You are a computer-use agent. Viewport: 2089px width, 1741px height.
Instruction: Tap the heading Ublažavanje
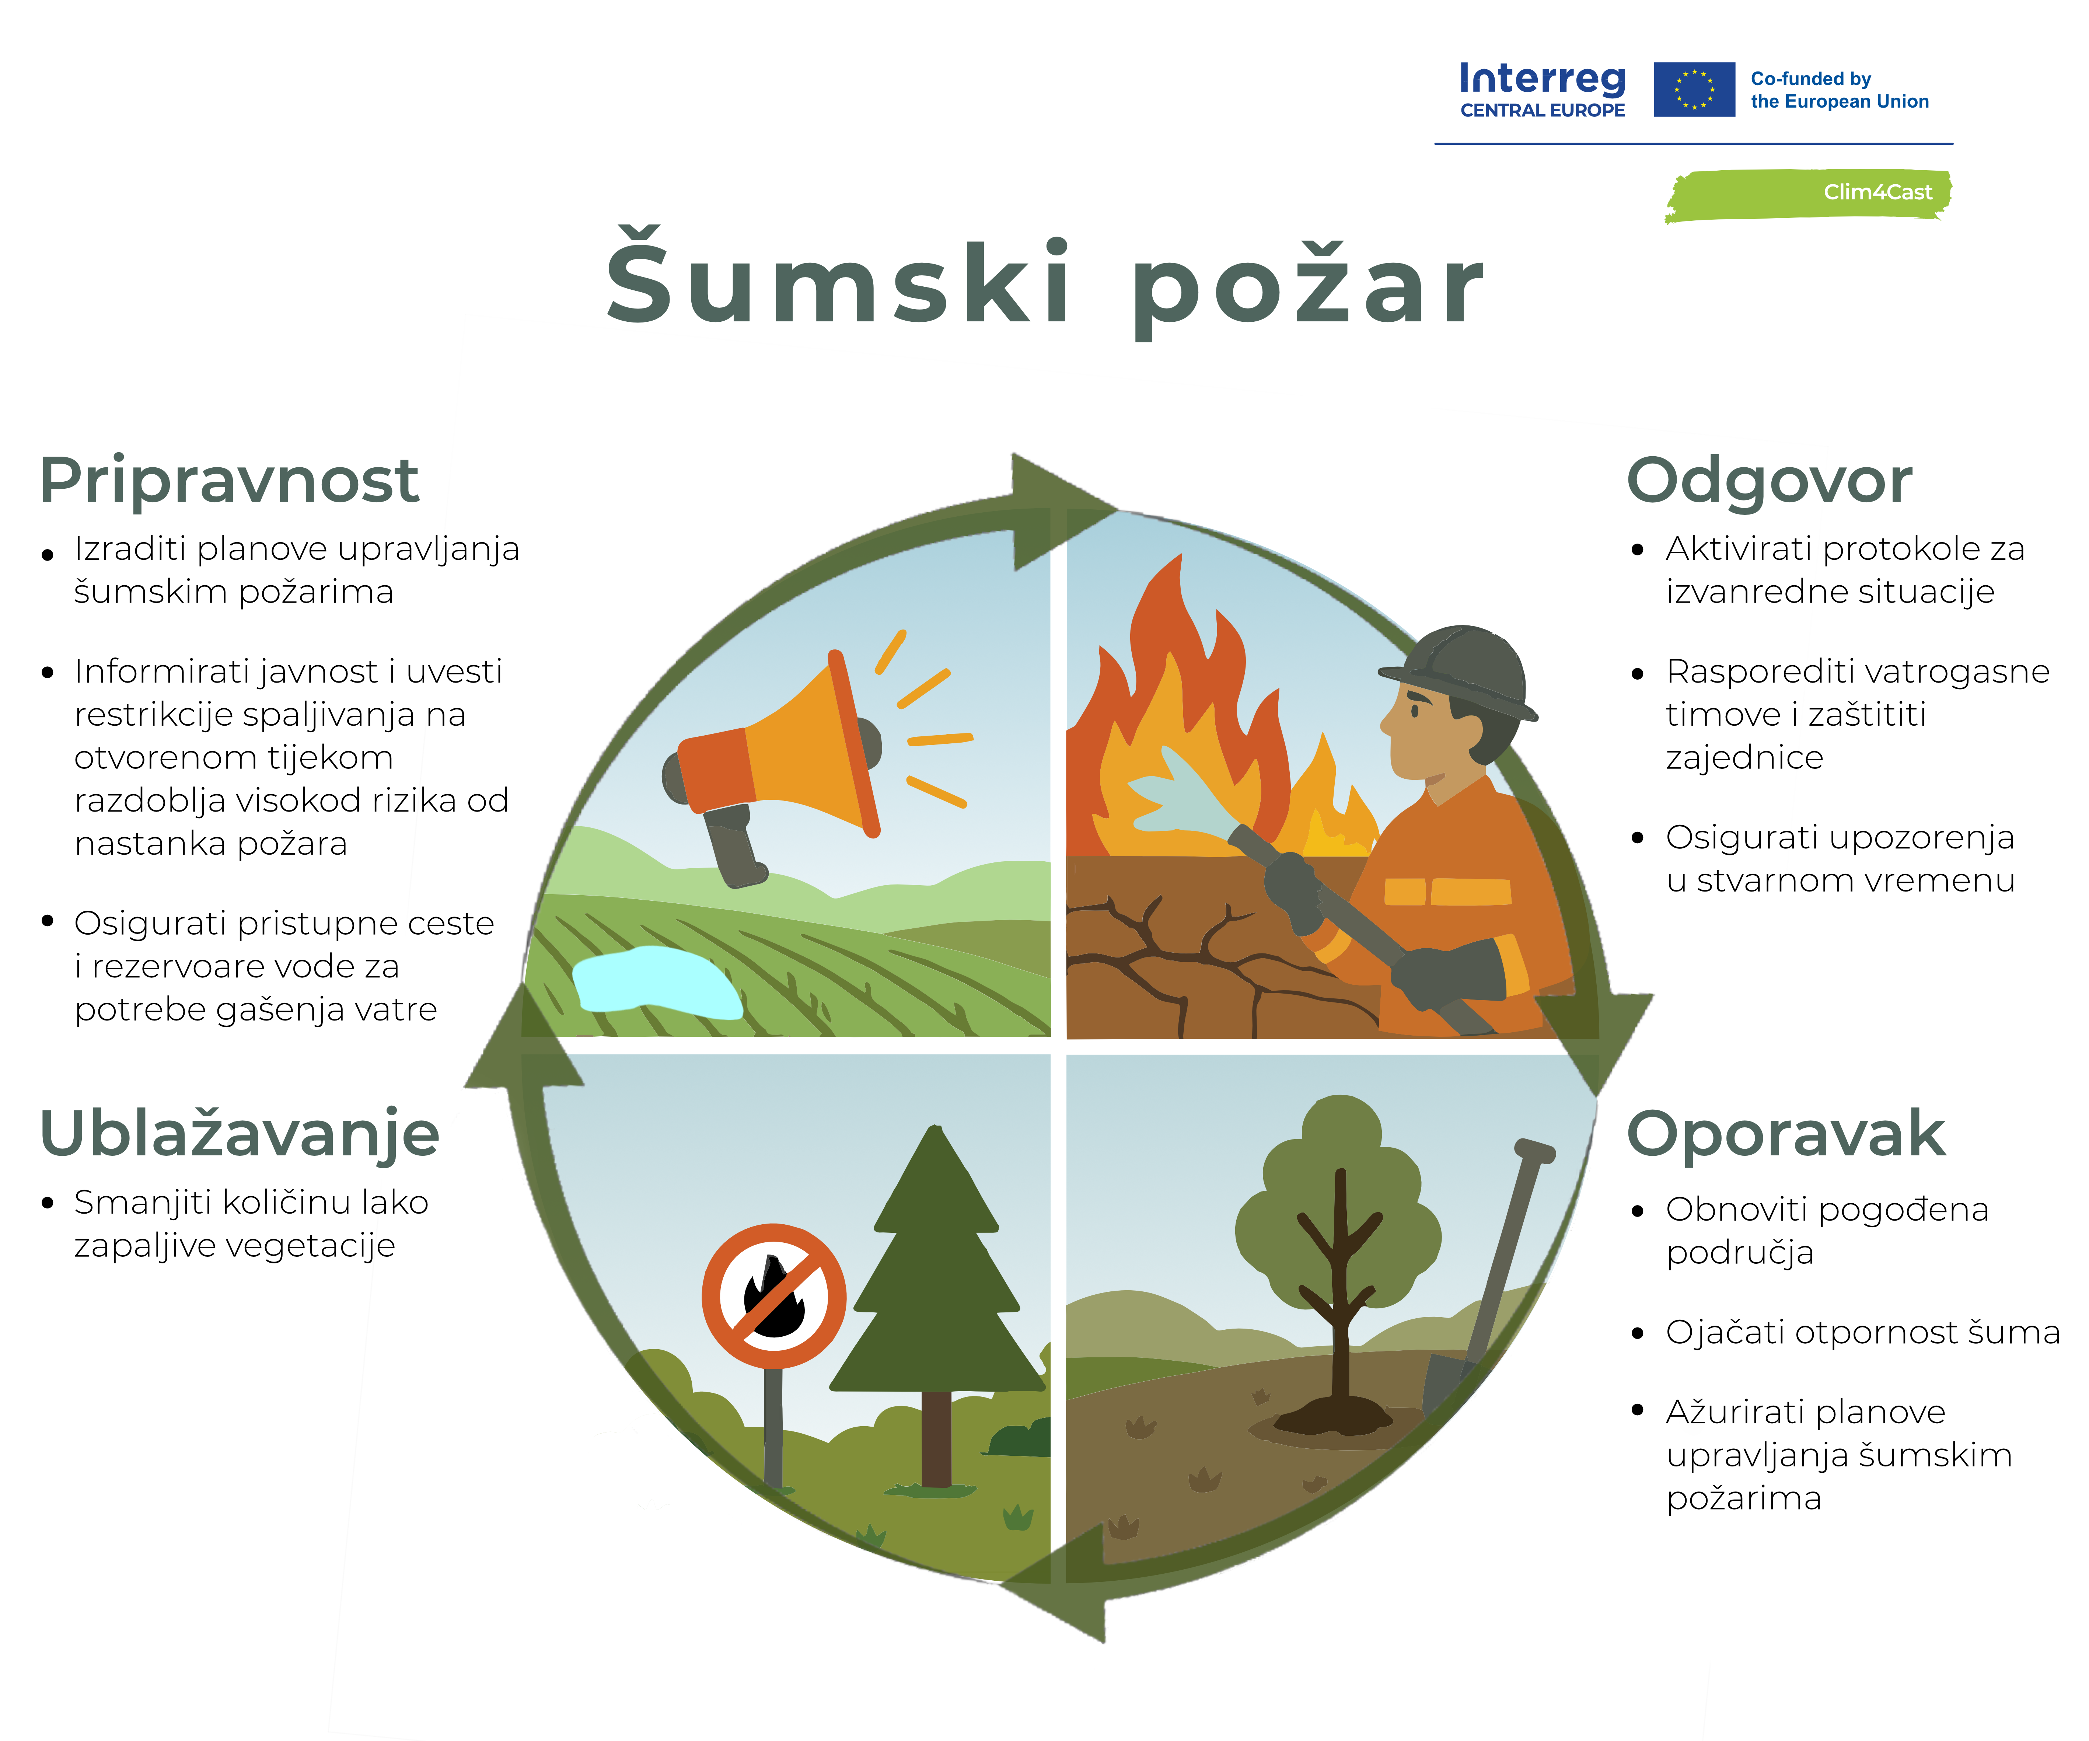click(x=239, y=1134)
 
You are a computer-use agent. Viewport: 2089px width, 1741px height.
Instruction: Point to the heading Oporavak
click(x=1786, y=1134)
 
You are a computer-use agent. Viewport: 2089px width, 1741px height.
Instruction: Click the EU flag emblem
click(x=1694, y=90)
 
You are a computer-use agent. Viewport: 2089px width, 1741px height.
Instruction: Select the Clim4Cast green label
click(x=1809, y=194)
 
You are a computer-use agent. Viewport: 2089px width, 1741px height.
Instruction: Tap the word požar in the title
click(x=1308, y=289)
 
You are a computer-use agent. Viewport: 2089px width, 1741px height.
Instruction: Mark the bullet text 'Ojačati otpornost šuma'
click(x=1862, y=1332)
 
